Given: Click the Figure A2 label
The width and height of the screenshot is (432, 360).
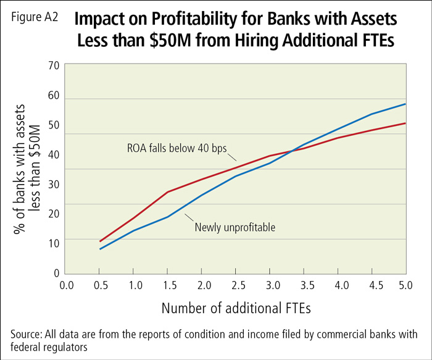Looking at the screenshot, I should [34, 18].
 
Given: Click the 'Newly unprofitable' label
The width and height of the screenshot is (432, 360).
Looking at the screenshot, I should [235, 227].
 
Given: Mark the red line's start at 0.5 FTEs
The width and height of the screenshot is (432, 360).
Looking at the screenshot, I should [99, 241].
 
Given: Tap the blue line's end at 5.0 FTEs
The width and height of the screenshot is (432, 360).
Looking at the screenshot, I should [405, 104].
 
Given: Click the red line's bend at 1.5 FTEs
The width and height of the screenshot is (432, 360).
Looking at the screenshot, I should [167, 192].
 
